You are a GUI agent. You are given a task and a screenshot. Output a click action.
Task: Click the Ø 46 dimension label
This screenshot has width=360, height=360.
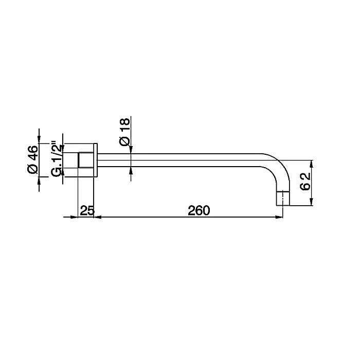tap(32, 159)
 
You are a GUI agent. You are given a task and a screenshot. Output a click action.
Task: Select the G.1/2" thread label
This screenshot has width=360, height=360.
tap(57, 158)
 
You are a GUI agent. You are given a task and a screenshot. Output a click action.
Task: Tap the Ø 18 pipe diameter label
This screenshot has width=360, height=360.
tap(124, 132)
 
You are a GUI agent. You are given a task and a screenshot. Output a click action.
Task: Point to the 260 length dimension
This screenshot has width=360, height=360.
tap(199, 210)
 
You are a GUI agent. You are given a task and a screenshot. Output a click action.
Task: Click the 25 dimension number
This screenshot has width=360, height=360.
tap(87, 210)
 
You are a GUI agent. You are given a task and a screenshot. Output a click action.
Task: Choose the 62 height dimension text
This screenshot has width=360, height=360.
tap(305, 182)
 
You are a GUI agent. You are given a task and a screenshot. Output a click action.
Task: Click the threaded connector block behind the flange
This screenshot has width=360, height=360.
tap(86, 160)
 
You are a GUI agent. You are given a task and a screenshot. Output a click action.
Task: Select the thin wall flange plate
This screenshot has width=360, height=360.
tap(96, 160)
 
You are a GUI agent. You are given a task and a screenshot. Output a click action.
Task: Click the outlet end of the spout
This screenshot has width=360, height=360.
tap(283, 199)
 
